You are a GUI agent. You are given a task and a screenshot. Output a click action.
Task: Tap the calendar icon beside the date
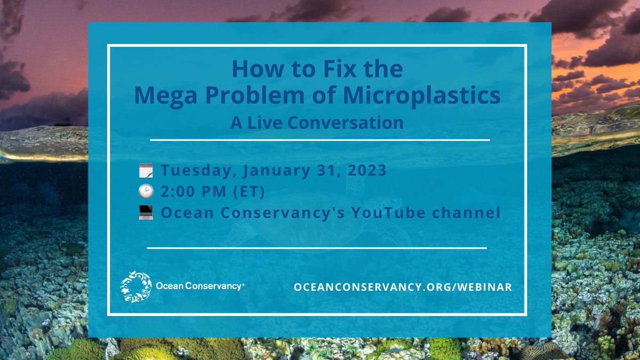click(x=146, y=171)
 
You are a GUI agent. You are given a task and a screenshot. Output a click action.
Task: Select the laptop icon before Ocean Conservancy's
click(x=146, y=213)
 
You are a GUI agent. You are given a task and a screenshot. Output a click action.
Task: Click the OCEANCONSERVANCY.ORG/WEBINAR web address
click(x=403, y=287)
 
